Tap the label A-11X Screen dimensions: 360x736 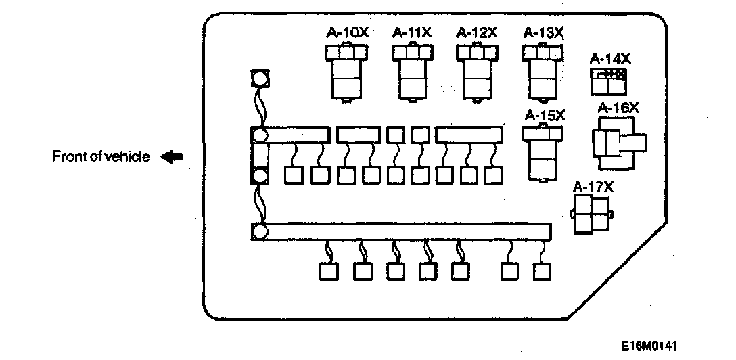(x=412, y=32)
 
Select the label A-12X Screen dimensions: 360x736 (x=477, y=32)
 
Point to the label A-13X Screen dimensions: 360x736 (x=544, y=32)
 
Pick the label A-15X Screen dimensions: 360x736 (x=545, y=115)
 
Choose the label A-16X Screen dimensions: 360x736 (x=618, y=107)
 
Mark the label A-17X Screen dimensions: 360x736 (x=593, y=187)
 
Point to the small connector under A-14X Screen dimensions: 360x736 (x=606, y=81)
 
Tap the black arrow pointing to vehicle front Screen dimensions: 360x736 (x=172, y=157)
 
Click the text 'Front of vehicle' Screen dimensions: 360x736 (x=101, y=157)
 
